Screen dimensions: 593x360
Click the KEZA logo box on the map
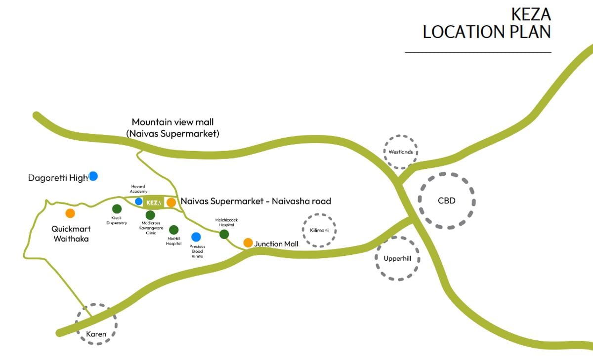[x=154, y=202]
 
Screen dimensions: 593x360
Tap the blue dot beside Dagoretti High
[x=93, y=176]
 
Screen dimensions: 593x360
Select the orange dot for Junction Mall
[x=248, y=242]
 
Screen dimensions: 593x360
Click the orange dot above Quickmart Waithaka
[x=70, y=213]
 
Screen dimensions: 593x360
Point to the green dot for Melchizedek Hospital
[x=224, y=234]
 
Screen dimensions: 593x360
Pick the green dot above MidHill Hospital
[x=173, y=230]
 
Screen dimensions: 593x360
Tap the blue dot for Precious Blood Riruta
[x=196, y=237]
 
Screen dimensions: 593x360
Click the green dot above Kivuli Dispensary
[x=117, y=209]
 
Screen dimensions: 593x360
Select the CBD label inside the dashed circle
[x=447, y=201]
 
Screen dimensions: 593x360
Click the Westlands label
[x=401, y=152]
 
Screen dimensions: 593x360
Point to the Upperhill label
[x=397, y=258]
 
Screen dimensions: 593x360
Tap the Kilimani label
[x=319, y=231]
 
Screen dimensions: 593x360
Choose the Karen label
[x=96, y=334]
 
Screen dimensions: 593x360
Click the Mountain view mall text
[x=172, y=122]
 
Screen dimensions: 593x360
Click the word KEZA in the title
[x=531, y=14]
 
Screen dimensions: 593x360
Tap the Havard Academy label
[x=138, y=189]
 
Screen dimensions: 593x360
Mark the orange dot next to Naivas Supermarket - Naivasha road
[x=171, y=202]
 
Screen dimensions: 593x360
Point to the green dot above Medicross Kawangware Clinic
[x=150, y=215]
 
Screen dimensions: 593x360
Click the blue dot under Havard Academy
[x=138, y=201]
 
